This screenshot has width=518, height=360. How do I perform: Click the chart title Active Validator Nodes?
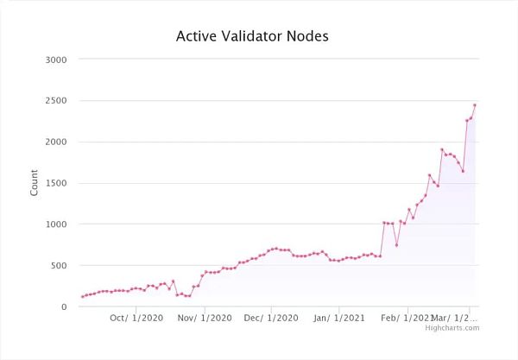click(x=252, y=36)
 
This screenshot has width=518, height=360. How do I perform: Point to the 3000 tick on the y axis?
click(x=56, y=59)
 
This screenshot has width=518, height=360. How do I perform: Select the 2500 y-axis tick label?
click(x=56, y=100)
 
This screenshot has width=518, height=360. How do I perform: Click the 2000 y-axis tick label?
click(x=56, y=142)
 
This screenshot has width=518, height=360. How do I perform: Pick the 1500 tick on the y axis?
click(x=56, y=183)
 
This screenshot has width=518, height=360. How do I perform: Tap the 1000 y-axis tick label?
click(x=56, y=224)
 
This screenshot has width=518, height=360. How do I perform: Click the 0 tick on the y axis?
click(x=64, y=306)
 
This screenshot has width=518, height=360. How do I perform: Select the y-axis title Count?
click(x=35, y=183)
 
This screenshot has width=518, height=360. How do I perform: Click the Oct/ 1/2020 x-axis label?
click(x=136, y=318)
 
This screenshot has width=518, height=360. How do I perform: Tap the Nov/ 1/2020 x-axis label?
click(x=204, y=318)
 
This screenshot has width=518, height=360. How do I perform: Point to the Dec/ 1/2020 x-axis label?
click(x=271, y=318)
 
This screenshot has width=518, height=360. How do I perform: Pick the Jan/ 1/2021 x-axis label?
click(x=339, y=318)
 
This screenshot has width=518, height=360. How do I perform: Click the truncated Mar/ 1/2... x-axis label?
click(x=457, y=318)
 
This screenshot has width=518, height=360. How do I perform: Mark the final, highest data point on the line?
click(x=475, y=105)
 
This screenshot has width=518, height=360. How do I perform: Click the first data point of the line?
click(x=83, y=297)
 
